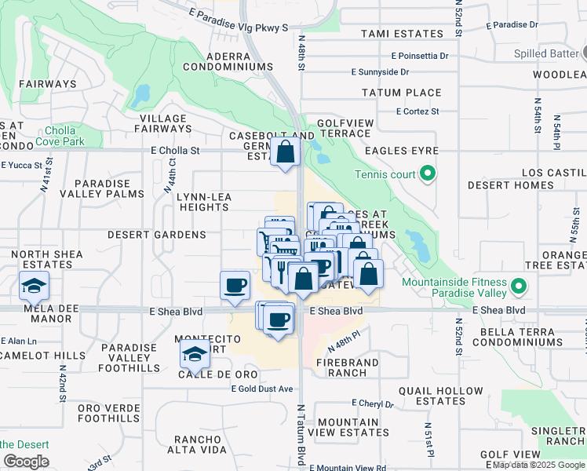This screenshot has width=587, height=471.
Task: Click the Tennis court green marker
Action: [428, 173]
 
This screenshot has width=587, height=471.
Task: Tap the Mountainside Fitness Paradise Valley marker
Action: [519, 285]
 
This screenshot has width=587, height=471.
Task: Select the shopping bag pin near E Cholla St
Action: [286, 152]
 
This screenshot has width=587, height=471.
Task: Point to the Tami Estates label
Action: [402, 34]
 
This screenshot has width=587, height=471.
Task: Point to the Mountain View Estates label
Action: [348, 427]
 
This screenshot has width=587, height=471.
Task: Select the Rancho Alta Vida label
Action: [201, 444]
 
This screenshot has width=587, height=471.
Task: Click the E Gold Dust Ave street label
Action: [261, 389]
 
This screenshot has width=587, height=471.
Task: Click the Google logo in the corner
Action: [25, 462]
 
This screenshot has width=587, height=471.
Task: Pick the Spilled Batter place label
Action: [546, 54]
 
